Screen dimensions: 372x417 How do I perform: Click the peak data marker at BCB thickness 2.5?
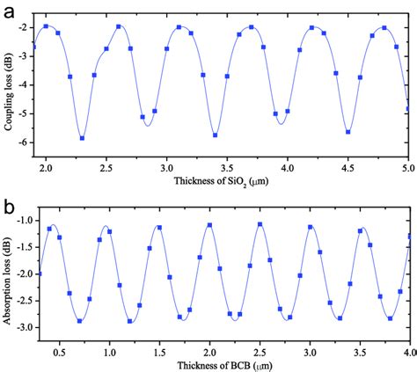(260, 224)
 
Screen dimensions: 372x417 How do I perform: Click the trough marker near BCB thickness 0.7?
(79, 321)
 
